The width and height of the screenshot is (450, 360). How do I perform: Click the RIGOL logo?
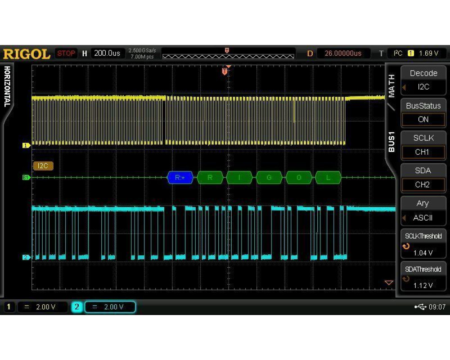tap(27, 54)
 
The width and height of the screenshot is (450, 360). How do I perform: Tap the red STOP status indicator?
tap(66, 54)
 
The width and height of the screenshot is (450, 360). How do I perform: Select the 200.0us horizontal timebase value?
tap(107, 53)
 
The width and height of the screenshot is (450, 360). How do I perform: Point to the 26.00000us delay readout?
tap(343, 54)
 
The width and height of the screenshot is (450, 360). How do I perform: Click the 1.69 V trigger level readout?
tap(428, 54)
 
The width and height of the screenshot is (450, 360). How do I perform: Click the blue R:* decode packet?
tap(180, 177)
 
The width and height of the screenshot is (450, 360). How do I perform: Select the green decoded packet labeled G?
tap(269, 177)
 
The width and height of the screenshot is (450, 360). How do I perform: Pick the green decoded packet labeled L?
tap(328, 177)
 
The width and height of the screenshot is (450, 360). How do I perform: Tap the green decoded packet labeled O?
tap(299, 177)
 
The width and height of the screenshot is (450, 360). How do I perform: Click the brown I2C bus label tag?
tap(43, 166)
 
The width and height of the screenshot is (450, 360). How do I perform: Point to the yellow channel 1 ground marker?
tap(27, 145)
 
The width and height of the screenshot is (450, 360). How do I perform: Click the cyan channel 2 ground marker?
tap(27, 257)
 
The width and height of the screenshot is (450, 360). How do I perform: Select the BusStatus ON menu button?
tap(423, 113)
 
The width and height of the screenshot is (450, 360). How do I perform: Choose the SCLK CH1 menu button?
tap(423, 145)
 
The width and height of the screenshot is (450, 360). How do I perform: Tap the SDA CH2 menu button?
tap(423, 178)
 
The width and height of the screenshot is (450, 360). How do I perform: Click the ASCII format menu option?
tap(423, 218)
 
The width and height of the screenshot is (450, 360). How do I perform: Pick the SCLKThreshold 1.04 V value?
tap(423, 253)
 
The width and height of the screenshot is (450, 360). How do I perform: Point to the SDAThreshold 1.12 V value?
tap(423, 285)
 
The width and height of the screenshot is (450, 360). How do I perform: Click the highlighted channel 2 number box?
tap(76, 307)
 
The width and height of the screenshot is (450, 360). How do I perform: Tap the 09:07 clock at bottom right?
tap(437, 307)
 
